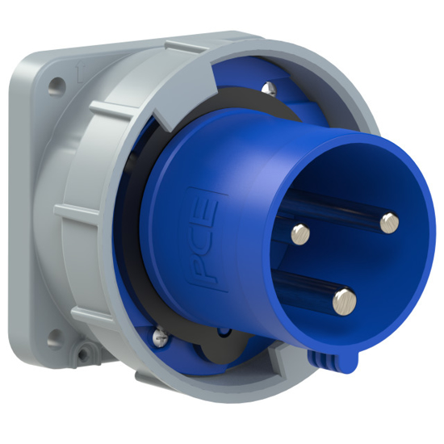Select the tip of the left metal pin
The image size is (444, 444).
pos(300,233)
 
